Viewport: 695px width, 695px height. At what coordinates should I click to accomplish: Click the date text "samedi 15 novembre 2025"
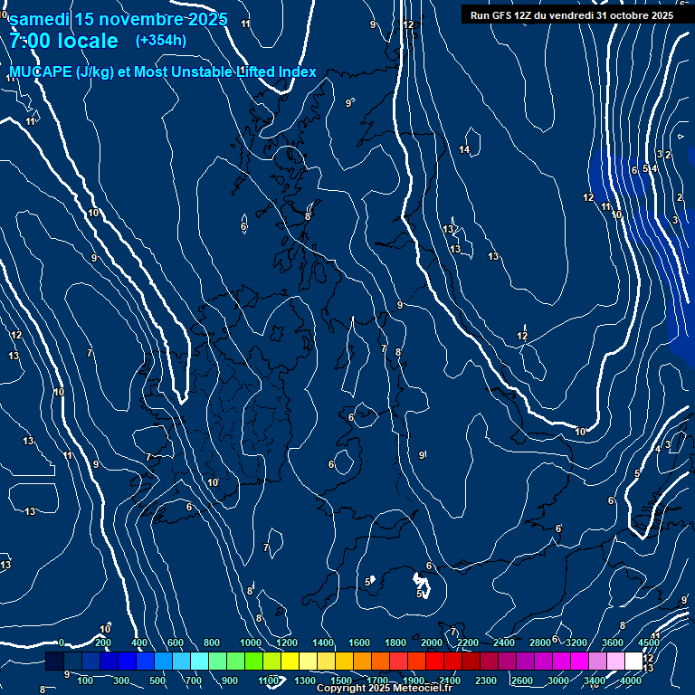pos(118,20)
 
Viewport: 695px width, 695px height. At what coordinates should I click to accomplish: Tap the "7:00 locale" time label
pos(64,41)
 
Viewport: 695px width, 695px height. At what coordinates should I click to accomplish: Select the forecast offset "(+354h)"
pos(161,41)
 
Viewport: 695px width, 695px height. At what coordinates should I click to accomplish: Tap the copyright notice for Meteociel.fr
pos(384,689)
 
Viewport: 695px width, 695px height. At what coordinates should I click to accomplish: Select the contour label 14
pos(465,149)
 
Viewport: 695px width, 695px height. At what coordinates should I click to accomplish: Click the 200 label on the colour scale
pos(103,643)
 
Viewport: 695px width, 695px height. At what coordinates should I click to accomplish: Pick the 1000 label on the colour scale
pos(251,643)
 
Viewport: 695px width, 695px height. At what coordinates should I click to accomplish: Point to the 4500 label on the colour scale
pos(648,643)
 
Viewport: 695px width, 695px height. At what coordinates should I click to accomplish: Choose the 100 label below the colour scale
pos(85,681)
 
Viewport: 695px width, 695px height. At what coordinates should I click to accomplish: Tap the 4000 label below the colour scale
pos(631,681)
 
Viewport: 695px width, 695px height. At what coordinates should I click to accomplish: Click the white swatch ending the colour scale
pos(633,662)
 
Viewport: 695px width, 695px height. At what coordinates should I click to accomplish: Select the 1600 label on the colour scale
pos(359,643)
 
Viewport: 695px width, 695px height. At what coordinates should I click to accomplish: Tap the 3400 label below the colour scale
pos(595,681)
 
